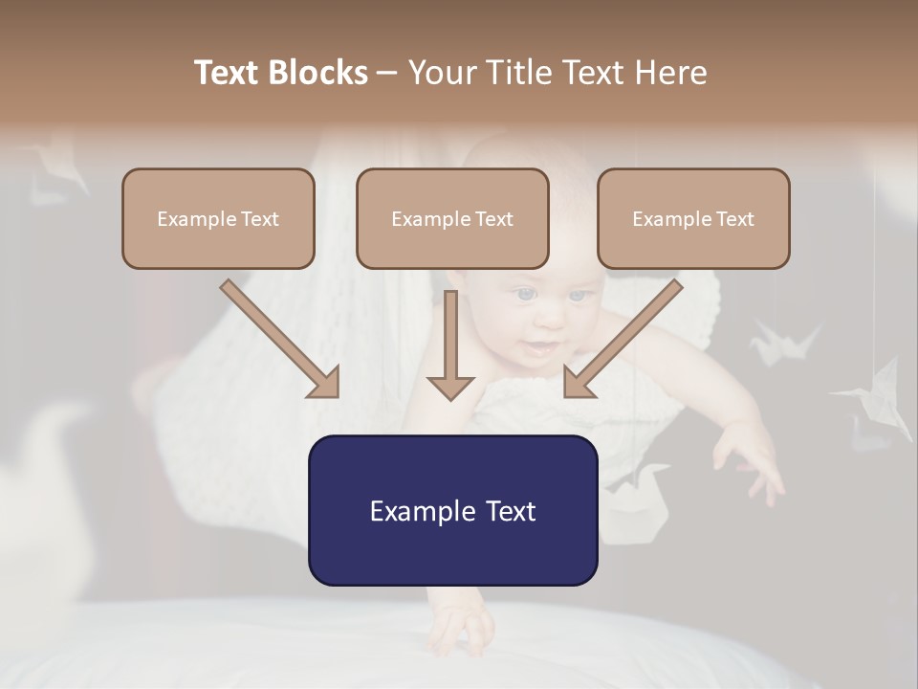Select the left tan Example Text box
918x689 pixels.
[x=218, y=218]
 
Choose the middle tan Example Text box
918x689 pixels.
[x=452, y=218]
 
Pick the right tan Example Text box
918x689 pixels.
[x=693, y=218]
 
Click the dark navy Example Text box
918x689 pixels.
[x=452, y=510]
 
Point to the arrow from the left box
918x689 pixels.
[x=280, y=339]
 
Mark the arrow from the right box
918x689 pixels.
[x=623, y=339]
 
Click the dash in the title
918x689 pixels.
[x=387, y=74]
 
